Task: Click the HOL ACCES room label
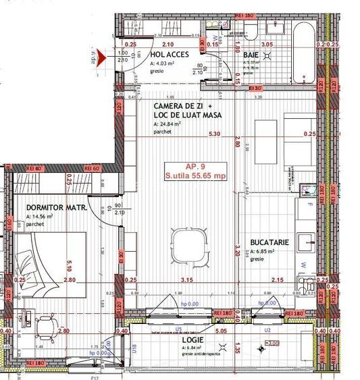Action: coord(170,55)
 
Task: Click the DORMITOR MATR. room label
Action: coord(56,209)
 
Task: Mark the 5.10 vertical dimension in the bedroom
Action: coord(70,255)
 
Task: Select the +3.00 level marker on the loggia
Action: coord(272,344)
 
